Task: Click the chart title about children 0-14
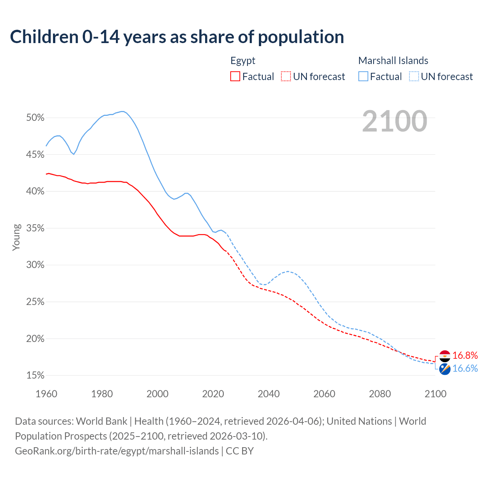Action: [177, 37]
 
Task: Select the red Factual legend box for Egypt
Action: [235, 77]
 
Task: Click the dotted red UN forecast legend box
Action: [286, 77]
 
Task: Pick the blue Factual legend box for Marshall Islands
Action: [363, 77]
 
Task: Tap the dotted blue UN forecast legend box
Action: [414, 77]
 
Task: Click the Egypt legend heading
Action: [243, 61]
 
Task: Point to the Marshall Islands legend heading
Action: [393, 61]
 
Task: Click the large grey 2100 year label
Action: [395, 121]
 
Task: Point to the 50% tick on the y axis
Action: [35, 118]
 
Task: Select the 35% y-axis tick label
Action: [35, 228]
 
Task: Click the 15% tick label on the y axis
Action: [35, 376]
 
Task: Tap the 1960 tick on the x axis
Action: [46, 394]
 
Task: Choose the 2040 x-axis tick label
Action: [268, 394]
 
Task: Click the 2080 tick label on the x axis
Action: [380, 394]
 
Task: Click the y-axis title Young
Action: [16, 237]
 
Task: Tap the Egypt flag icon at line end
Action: [445, 356]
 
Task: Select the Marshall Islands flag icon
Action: [445, 369]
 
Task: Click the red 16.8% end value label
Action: [465, 356]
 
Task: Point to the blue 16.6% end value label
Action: [465, 368]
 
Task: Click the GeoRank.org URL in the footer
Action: [117, 451]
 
